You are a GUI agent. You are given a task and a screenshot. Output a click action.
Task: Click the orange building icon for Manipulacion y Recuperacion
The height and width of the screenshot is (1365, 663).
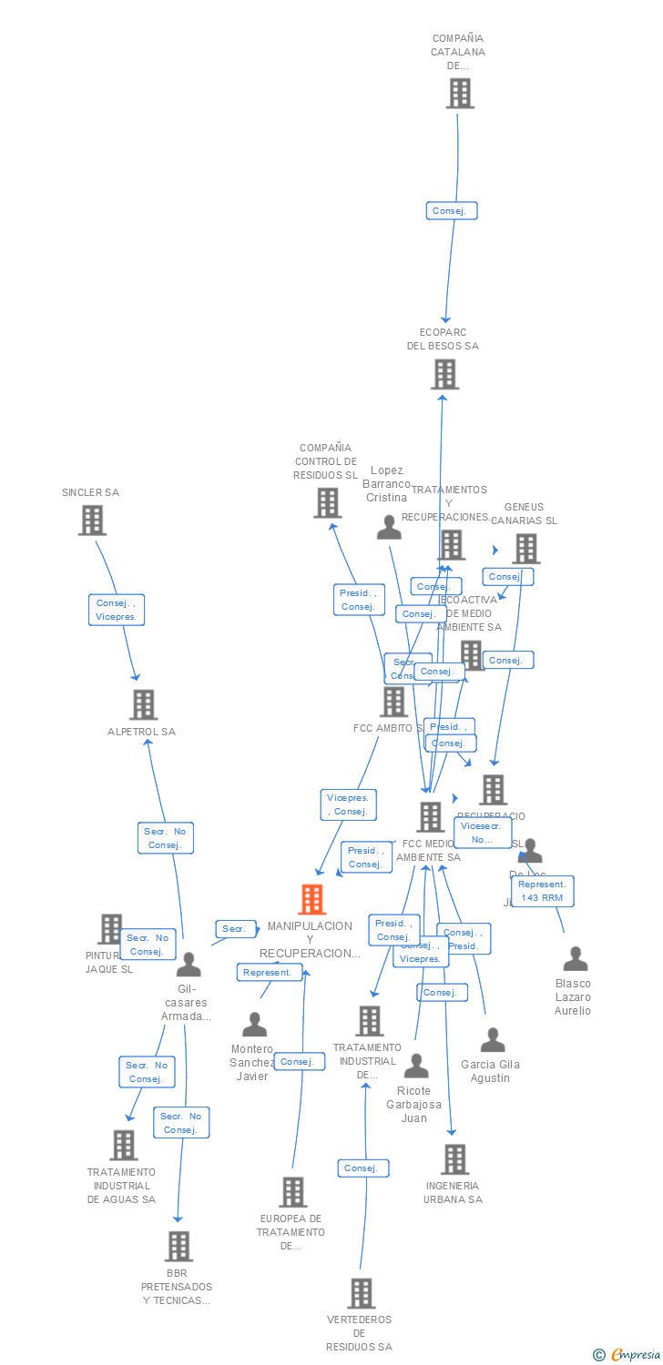tap(311, 899)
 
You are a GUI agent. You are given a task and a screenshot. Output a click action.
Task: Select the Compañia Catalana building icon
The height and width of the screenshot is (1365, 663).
tap(460, 93)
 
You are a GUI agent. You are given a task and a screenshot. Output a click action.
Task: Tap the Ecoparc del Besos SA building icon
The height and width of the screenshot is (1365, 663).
tap(444, 374)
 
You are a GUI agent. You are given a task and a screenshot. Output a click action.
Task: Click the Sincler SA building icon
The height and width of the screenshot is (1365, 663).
tap(92, 520)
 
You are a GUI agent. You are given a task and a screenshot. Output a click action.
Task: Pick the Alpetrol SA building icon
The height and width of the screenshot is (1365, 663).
tap(143, 704)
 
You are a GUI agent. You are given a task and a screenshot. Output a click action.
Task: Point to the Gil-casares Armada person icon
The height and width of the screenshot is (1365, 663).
tap(189, 965)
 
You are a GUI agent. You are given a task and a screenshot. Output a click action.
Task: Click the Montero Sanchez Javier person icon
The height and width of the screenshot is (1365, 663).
tap(254, 1025)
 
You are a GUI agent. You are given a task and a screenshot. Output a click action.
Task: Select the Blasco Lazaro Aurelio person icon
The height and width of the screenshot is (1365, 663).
tap(575, 959)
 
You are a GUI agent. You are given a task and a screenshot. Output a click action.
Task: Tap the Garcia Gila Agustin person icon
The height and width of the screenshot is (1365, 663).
tap(492, 1040)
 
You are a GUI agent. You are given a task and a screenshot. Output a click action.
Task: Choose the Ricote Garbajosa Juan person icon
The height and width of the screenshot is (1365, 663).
tap(416, 1066)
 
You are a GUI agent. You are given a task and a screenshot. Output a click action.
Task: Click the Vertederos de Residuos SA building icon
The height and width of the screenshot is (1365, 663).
tap(361, 1293)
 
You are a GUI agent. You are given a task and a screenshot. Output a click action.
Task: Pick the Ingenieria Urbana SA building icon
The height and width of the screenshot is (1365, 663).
tap(454, 1159)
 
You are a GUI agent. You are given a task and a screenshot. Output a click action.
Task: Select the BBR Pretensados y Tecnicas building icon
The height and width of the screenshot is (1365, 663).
tap(178, 1246)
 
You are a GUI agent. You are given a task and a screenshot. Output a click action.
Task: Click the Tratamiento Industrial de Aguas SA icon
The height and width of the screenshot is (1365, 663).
tap(123, 1145)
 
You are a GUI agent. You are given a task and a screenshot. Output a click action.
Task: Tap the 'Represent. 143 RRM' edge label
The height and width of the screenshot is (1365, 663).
tap(542, 891)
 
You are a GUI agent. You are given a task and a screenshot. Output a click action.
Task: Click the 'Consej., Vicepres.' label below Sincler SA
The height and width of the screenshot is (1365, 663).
tap(117, 609)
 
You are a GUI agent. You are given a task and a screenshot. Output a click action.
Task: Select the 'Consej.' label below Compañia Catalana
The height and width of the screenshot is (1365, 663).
tap(451, 210)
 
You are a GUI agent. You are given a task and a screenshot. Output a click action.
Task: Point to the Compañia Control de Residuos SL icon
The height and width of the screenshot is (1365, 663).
tap(327, 502)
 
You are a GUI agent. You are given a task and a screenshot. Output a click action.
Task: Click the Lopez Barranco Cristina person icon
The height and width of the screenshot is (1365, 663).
tap(389, 528)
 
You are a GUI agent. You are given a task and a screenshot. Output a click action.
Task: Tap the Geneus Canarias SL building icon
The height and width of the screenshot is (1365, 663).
tap(525, 548)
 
